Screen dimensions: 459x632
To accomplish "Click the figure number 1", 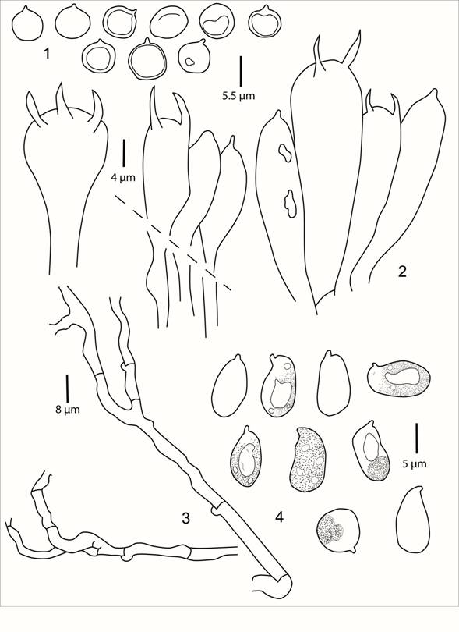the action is (x=47, y=53).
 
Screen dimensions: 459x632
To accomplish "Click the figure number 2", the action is (x=402, y=272).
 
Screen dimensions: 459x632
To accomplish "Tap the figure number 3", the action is (x=185, y=518).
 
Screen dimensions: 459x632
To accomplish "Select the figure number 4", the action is (x=279, y=517).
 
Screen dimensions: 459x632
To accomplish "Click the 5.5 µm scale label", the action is (x=238, y=96).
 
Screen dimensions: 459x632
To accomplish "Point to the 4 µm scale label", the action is (x=123, y=177).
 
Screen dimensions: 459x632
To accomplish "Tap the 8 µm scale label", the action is (x=68, y=410).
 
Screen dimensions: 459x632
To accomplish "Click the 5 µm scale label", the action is (x=415, y=464).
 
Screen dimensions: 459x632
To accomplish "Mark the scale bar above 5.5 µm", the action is (x=241, y=72).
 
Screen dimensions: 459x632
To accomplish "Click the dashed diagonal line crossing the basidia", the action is (x=173, y=242).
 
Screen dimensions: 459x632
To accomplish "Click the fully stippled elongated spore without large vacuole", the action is (x=309, y=460).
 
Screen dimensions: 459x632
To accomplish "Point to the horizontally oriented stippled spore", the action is (x=399, y=379).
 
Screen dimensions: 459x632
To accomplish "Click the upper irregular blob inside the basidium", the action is (x=284, y=153).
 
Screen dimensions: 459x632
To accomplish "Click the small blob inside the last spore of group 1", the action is (x=189, y=62).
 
